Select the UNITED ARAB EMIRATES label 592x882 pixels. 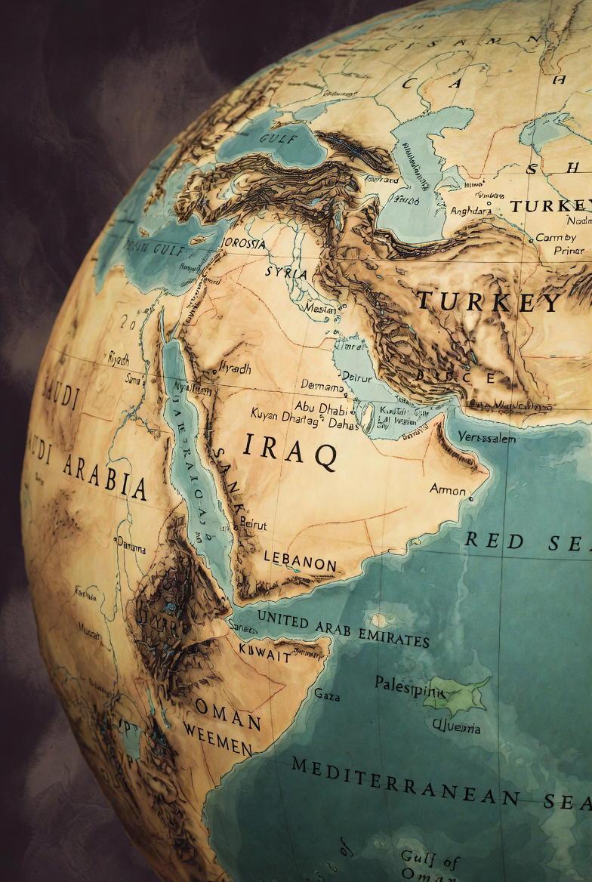pyautogui.click(x=343, y=628)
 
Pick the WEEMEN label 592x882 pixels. pyautogui.click(x=217, y=739)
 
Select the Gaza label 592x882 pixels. pyautogui.click(x=326, y=692)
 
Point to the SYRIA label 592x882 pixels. pyautogui.click(x=286, y=273)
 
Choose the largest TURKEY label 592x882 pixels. pyautogui.click(x=488, y=302)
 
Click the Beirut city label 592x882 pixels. pyautogui.click(x=253, y=523)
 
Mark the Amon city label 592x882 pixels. pyautogui.click(x=448, y=489)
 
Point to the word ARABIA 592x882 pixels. pyautogui.click(x=105, y=477)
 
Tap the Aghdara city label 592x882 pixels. pyautogui.click(x=470, y=211)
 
